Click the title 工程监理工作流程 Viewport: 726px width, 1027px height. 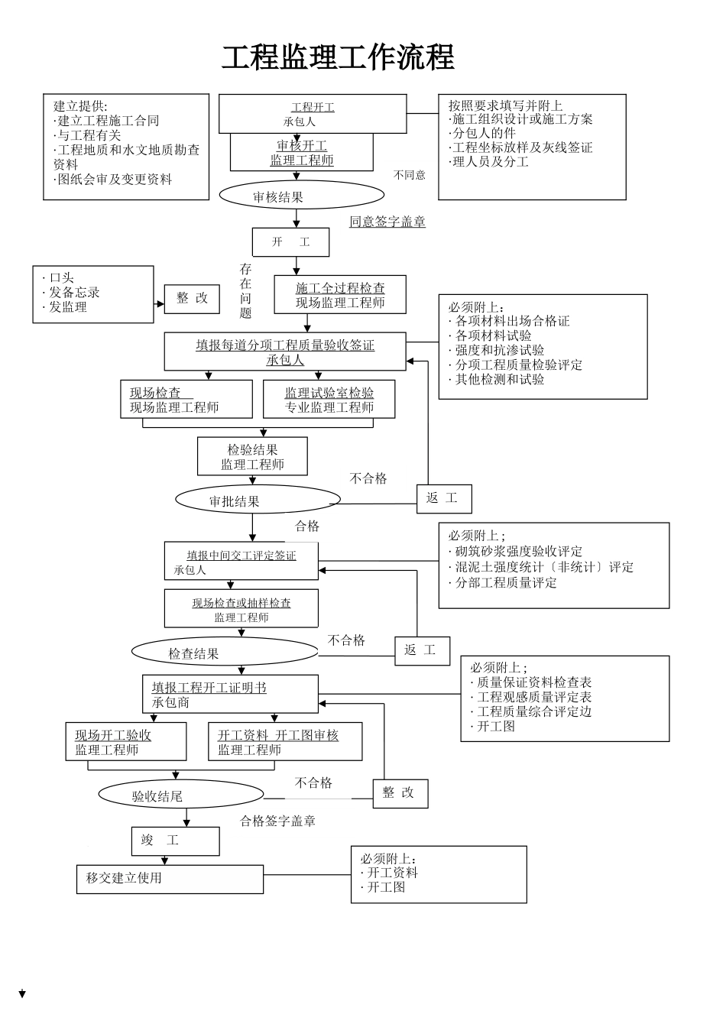click(x=338, y=58)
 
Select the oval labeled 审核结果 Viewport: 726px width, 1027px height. click(x=279, y=196)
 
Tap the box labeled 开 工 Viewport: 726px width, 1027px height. click(x=290, y=242)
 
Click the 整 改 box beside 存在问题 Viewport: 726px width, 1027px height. click(x=192, y=299)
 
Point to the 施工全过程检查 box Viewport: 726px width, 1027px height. click(x=340, y=295)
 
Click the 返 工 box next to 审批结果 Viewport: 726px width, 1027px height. click(x=443, y=499)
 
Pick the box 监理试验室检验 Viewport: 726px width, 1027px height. click(x=329, y=400)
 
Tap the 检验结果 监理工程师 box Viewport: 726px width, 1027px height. click(x=252, y=457)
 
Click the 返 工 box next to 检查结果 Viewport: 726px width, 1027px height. click(x=422, y=650)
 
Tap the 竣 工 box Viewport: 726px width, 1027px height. click(x=175, y=841)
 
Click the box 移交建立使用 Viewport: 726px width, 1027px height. click(x=170, y=879)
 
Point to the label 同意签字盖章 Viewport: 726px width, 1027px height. click(x=387, y=222)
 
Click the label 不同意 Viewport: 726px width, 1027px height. click(x=410, y=175)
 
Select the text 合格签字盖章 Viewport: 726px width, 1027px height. click(x=277, y=821)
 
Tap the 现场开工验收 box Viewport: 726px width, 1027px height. click(x=125, y=741)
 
